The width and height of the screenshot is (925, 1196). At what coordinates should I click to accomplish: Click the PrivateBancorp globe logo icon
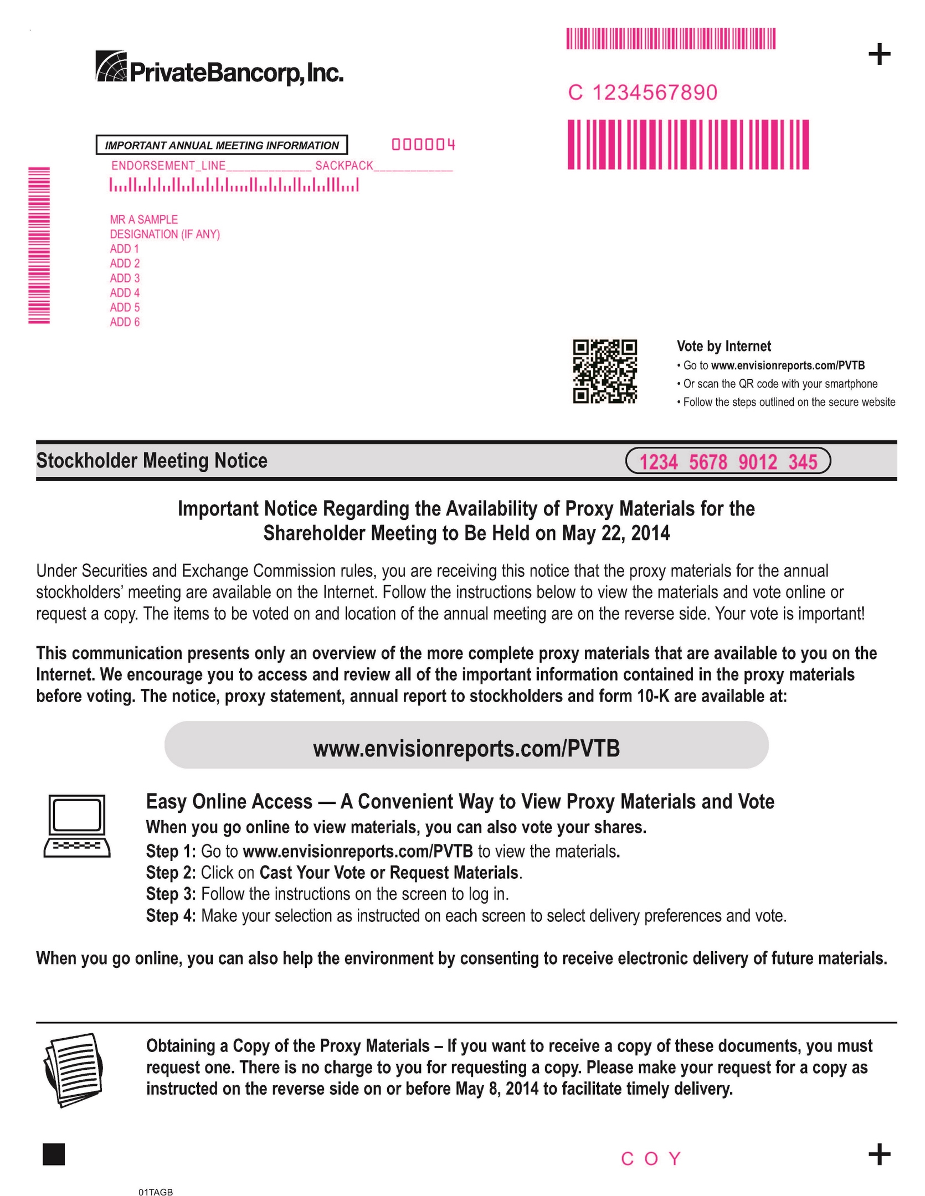tap(111, 66)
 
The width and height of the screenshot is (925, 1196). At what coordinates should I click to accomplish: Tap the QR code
tap(604, 371)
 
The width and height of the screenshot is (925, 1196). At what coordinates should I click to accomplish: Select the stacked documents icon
tap(74, 1070)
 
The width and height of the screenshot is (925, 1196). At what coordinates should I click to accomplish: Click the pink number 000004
tap(424, 145)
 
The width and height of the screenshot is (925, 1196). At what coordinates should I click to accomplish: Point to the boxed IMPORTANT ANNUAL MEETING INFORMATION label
tap(222, 145)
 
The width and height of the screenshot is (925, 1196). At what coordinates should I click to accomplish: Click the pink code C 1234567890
tap(643, 92)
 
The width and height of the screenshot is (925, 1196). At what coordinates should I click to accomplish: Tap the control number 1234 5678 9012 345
tap(728, 461)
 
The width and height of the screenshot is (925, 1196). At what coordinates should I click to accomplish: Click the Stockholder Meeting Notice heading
tap(152, 461)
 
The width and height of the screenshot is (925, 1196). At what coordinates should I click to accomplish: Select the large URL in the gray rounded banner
tap(466, 749)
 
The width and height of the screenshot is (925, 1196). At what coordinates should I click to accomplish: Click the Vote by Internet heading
tap(723, 346)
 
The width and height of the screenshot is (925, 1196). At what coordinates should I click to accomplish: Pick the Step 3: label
tap(171, 894)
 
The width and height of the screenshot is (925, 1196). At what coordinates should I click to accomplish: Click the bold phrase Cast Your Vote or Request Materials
tap(389, 872)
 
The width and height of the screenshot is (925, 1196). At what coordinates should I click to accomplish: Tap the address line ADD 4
tap(125, 293)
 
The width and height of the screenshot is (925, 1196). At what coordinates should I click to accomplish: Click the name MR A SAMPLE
tap(143, 219)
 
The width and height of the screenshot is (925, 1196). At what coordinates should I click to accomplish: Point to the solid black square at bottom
tap(54, 1154)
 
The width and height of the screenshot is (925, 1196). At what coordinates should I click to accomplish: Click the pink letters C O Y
tap(651, 1158)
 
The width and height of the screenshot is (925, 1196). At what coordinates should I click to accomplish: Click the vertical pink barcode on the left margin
tap(39, 245)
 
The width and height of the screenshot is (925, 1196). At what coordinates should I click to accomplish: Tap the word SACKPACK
tap(344, 166)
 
